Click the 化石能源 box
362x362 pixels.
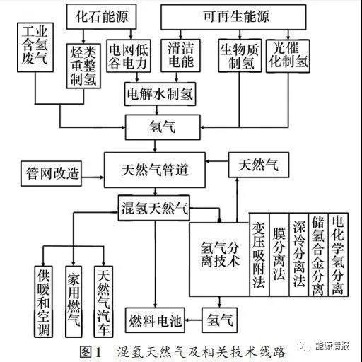pyautogui.click(x=101, y=16)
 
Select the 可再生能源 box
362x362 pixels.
pyautogui.click(x=233, y=17)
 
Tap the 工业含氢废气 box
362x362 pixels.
pyautogui.click(x=35, y=47)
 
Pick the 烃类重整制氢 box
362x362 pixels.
pyautogui.click(x=83, y=66)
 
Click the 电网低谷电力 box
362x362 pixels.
pyautogui.click(x=129, y=56)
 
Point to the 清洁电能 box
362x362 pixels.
pyautogui.click(x=180, y=56)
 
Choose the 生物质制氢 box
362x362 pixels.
pyautogui.click(x=240, y=56)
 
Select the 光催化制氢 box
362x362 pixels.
pyautogui.click(x=288, y=56)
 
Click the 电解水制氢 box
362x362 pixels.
pyautogui.click(x=160, y=94)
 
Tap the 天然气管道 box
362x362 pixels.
pyautogui.click(x=155, y=170)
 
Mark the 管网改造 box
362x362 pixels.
pyautogui.click(x=51, y=174)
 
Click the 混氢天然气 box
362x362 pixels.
pyautogui.click(x=154, y=208)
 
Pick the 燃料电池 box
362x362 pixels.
pyautogui.click(x=155, y=320)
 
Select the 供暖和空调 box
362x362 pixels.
pyautogui.click(x=43, y=302)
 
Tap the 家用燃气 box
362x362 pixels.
pyautogui.click(x=74, y=302)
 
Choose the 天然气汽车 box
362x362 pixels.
pyautogui.click(x=103, y=302)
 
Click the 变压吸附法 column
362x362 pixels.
pyautogui.click(x=259, y=255)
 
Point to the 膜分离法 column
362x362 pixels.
pyautogui.click(x=279, y=255)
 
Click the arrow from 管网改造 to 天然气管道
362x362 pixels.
pyautogui.click(x=93, y=177)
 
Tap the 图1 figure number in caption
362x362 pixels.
pyautogui.click(x=90, y=352)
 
